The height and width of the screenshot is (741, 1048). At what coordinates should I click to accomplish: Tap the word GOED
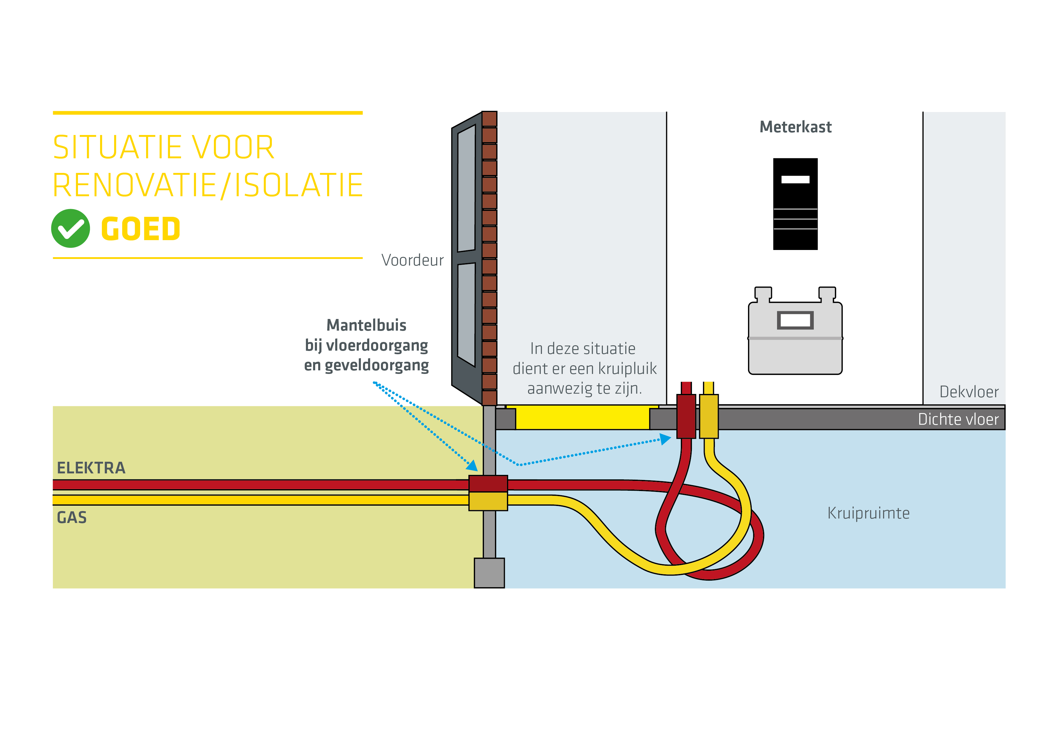point(141,229)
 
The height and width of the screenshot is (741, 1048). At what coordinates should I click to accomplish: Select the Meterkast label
point(795,127)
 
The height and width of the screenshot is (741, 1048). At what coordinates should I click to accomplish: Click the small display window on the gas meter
point(795,320)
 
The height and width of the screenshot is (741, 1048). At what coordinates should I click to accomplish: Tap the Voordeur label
point(412,260)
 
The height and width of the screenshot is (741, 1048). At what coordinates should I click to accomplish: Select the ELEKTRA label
point(91,468)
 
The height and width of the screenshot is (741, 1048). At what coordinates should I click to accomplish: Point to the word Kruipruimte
point(868,513)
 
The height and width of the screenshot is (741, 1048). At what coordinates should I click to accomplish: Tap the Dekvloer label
point(969,392)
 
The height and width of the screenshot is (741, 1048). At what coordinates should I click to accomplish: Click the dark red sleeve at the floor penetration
point(686,416)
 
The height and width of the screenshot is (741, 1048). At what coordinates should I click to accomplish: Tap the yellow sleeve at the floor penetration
point(708,416)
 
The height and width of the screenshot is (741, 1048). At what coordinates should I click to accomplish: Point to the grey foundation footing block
point(489,573)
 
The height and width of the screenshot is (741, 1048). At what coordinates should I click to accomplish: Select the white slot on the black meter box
point(795,179)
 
